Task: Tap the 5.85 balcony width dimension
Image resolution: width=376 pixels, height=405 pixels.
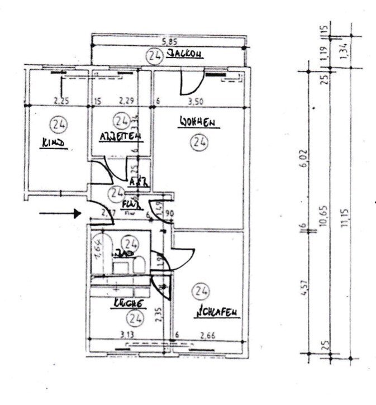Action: click(x=170, y=41)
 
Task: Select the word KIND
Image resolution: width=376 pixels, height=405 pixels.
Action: click(x=54, y=144)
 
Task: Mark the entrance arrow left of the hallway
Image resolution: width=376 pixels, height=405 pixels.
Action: click(x=60, y=213)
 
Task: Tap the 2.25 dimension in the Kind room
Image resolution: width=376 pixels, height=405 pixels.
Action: click(x=61, y=102)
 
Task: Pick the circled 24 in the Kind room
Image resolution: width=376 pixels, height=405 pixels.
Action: click(x=57, y=122)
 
